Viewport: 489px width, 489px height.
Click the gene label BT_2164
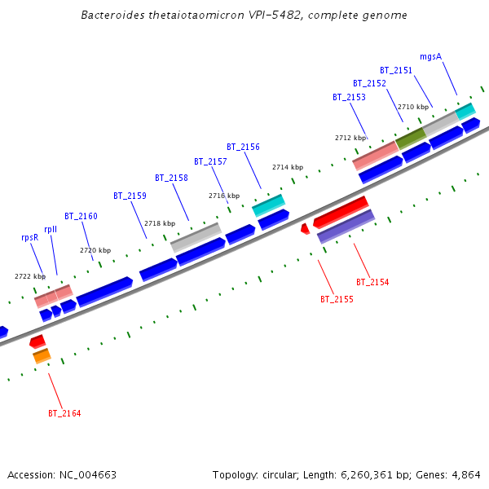click(64, 413)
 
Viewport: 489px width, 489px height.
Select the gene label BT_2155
click(337, 299)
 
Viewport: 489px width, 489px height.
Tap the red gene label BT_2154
click(372, 282)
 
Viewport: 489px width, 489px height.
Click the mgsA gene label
click(430, 57)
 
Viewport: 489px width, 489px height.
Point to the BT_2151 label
click(396, 70)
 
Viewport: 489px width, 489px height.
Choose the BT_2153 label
click(349, 97)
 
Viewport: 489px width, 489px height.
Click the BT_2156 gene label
click(243, 147)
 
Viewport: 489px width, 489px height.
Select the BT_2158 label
click(171, 178)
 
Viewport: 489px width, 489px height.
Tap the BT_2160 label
click(81, 216)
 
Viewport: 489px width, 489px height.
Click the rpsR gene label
click(29, 237)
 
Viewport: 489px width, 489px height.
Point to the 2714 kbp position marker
click(287, 167)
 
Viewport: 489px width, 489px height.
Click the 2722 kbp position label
click(30, 276)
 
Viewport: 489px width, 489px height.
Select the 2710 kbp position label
click(412, 107)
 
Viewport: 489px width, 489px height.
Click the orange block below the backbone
click(42, 356)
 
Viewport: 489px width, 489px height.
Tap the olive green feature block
click(410, 138)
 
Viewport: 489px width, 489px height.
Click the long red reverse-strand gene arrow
click(341, 212)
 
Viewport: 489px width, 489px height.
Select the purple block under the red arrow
click(346, 227)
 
